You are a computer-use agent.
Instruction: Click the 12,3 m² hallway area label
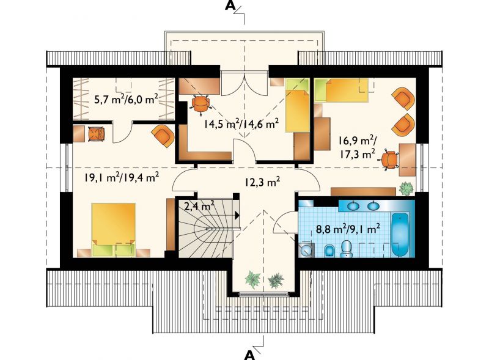point(262,182)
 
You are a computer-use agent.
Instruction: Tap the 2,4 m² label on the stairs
point(199,206)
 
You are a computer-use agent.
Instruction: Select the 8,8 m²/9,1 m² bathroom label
point(348,229)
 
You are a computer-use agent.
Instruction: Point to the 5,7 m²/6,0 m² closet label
point(126,99)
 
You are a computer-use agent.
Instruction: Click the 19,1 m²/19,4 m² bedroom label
point(122,177)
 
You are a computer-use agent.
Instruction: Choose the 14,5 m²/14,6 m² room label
point(241,123)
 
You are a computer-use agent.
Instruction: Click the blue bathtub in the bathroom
point(400,235)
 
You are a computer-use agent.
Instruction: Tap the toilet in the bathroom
point(346,249)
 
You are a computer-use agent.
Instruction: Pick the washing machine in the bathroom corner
point(306,249)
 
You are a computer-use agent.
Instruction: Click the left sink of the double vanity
point(353,205)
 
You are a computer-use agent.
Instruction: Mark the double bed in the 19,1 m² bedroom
point(114,230)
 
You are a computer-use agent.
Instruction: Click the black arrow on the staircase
point(237,215)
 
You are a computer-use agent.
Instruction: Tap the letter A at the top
point(230,6)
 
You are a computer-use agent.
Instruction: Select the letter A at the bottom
point(249,354)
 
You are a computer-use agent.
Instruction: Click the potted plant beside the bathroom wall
point(406,189)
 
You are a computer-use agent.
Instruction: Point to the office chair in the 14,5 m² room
point(200,103)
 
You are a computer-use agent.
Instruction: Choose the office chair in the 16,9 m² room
point(389,159)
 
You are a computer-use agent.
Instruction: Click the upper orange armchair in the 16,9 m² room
point(404,98)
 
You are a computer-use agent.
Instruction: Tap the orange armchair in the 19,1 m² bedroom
point(163,136)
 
